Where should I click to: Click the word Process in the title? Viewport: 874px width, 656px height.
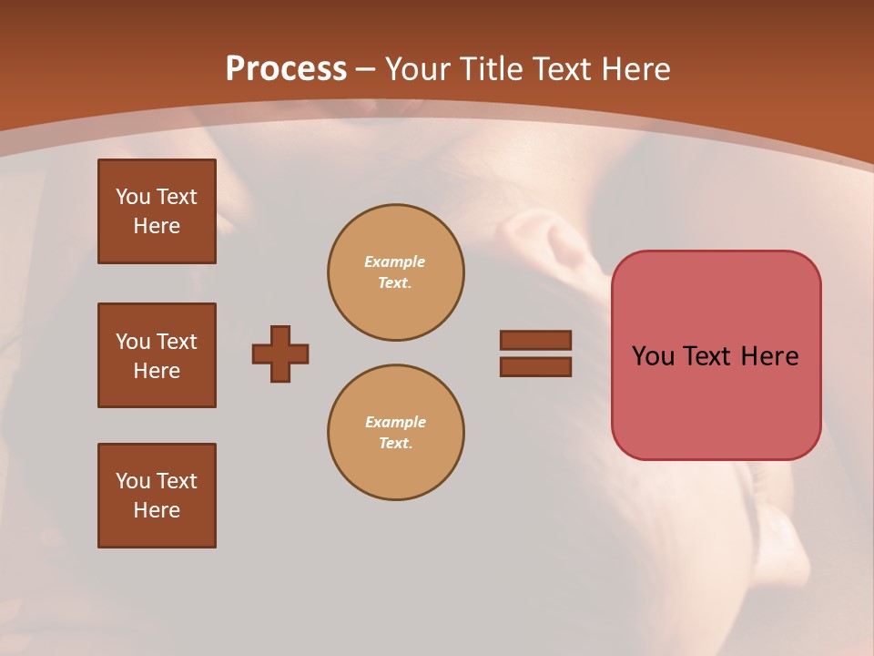pos(286,69)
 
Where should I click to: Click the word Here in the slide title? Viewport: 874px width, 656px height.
pos(635,69)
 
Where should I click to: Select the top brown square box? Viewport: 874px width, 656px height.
pos(157,211)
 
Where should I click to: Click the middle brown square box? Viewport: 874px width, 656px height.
pos(157,355)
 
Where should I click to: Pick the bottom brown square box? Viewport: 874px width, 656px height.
pos(157,496)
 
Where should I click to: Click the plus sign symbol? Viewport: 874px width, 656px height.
pos(280,354)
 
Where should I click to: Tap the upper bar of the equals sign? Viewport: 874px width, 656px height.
pos(536,340)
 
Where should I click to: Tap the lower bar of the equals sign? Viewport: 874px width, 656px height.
pos(536,367)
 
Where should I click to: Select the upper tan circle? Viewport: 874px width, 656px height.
pos(396,272)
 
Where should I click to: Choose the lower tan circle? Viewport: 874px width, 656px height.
pos(396,433)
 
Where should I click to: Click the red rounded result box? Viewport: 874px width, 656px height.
pos(716,354)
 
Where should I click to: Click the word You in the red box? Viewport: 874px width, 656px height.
pos(654,356)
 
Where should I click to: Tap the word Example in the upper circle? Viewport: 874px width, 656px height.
pos(395,261)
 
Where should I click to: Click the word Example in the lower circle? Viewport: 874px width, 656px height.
pos(395,422)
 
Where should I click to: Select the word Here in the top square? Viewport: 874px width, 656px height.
pos(157,226)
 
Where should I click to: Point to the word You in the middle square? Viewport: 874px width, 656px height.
pos(132,342)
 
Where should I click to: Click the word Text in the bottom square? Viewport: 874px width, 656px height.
pos(177,481)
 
